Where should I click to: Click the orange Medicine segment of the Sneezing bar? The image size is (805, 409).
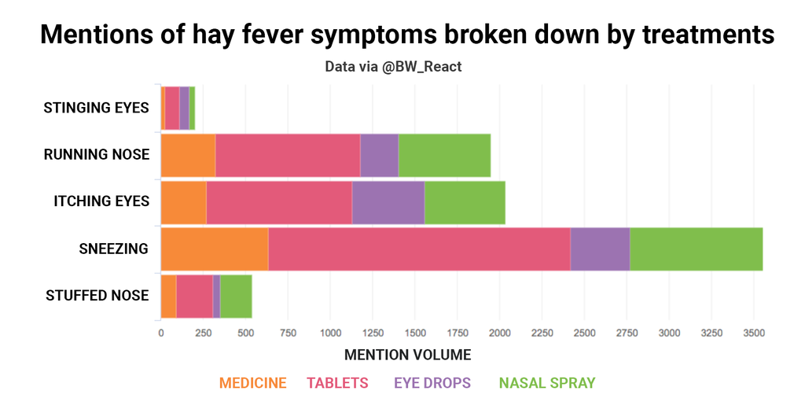pyautogui.click(x=215, y=249)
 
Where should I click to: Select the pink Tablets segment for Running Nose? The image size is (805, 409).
pyautogui.click(x=288, y=155)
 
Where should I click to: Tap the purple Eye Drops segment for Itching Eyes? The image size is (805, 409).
pyautogui.click(x=388, y=202)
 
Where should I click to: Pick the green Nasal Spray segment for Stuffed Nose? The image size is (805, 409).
pyautogui.click(x=236, y=296)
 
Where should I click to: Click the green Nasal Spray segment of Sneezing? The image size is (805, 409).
pyautogui.click(x=696, y=249)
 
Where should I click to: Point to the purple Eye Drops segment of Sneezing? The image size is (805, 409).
pyautogui.click(x=600, y=249)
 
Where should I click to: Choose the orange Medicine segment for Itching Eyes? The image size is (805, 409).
pyautogui.click(x=183, y=202)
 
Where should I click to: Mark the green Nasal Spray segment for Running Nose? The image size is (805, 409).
pyautogui.click(x=444, y=155)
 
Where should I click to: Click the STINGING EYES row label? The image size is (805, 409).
pyautogui.click(x=96, y=108)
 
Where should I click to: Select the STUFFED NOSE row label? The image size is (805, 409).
pyautogui.click(x=97, y=296)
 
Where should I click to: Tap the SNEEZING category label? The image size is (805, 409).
pyautogui.click(x=114, y=249)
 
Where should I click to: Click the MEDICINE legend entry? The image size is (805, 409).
pyautogui.click(x=252, y=383)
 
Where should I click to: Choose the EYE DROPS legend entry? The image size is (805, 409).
pyautogui.click(x=432, y=383)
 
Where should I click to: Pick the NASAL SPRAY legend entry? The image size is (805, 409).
pyautogui.click(x=547, y=383)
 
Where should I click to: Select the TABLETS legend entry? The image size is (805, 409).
pyautogui.click(x=337, y=383)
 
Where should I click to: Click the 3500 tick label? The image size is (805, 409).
pyautogui.click(x=753, y=333)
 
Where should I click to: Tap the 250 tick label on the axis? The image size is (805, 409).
pyautogui.click(x=203, y=333)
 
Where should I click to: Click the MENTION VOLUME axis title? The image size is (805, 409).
pyautogui.click(x=407, y=355)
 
